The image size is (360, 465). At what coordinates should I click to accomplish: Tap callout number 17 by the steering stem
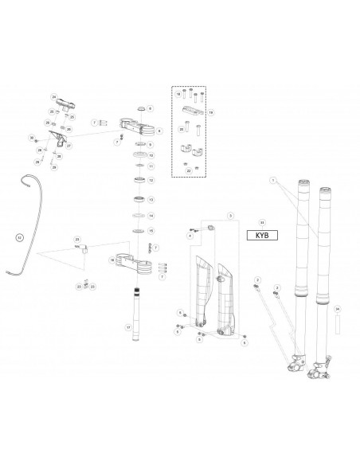tap(127, 327)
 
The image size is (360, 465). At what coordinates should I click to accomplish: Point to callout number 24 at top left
tap(54, 97)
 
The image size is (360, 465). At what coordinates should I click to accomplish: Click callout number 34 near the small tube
tap(337, 307)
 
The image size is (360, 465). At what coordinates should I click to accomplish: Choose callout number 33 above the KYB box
tap(262, 222)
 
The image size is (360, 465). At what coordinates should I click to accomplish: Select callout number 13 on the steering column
tap(151, 200)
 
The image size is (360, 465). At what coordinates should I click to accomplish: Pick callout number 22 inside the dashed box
tap(188, 170)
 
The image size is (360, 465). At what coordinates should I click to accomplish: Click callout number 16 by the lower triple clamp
tap(112, 260)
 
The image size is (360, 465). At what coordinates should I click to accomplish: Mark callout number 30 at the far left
tap(33, 138)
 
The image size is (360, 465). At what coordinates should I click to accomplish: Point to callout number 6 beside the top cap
tap(150, 107)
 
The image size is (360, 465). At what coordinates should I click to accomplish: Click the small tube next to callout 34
tap(337, 325)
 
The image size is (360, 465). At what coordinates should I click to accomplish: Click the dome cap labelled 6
tap(139, 107)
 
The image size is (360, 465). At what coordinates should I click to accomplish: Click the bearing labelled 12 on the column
tap(140, 180)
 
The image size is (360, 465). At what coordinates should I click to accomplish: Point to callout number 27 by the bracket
tap(69, 146)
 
